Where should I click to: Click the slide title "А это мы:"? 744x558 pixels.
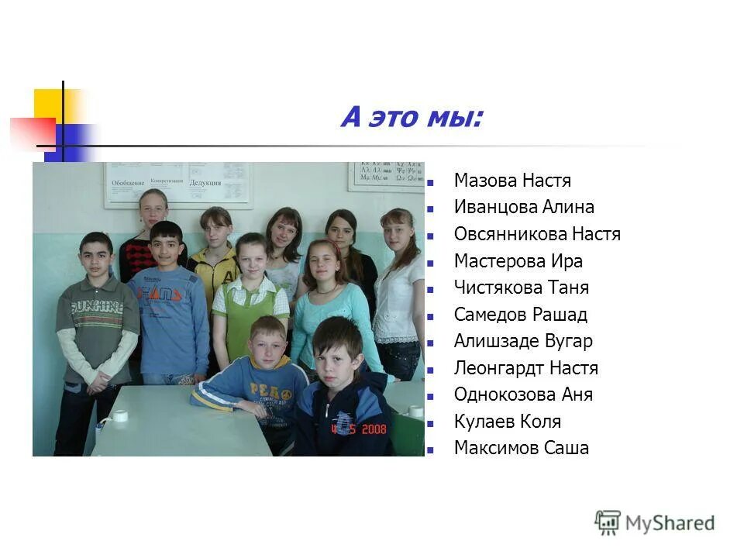pyautogui.click(x=412, y=118)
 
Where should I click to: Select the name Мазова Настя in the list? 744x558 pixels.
pyautogui.click(x=512, y=181)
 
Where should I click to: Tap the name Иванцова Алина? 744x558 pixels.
pyautogui.click(x=524, y=208)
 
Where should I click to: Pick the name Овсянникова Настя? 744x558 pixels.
pyautogui.click(x=537, y=234)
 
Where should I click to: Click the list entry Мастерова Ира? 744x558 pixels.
pyautogui.click(x=518, y=261)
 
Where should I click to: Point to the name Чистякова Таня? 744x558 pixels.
pyautogui.click(x=521, y=288)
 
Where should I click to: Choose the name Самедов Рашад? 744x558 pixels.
pyautogui.click(x=520, y=315)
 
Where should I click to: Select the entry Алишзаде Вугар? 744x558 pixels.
pyautogui.click(x=523, y=341)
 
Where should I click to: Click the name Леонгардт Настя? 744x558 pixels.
pyautogui.click(x=525, y=368)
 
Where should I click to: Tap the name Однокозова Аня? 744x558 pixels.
pyautogui.click(x=523, y=394)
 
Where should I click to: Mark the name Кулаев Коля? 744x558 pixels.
pyautogui.click(x=507, y=422)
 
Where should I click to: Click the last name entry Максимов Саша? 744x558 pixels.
pyautogui.click(x=521, y=448)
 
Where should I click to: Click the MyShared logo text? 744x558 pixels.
pyautogui.click(x=670, y=523)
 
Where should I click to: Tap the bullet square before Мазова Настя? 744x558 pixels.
pyautogui.click(x=430, y=184)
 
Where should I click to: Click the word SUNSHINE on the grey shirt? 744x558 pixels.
pyautogui.click(x=97, y=308)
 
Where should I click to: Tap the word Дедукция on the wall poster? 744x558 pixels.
pyautogui.click(x=205, y=183)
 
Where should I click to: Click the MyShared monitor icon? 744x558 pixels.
pyautogui.click(x=608, y=522)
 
